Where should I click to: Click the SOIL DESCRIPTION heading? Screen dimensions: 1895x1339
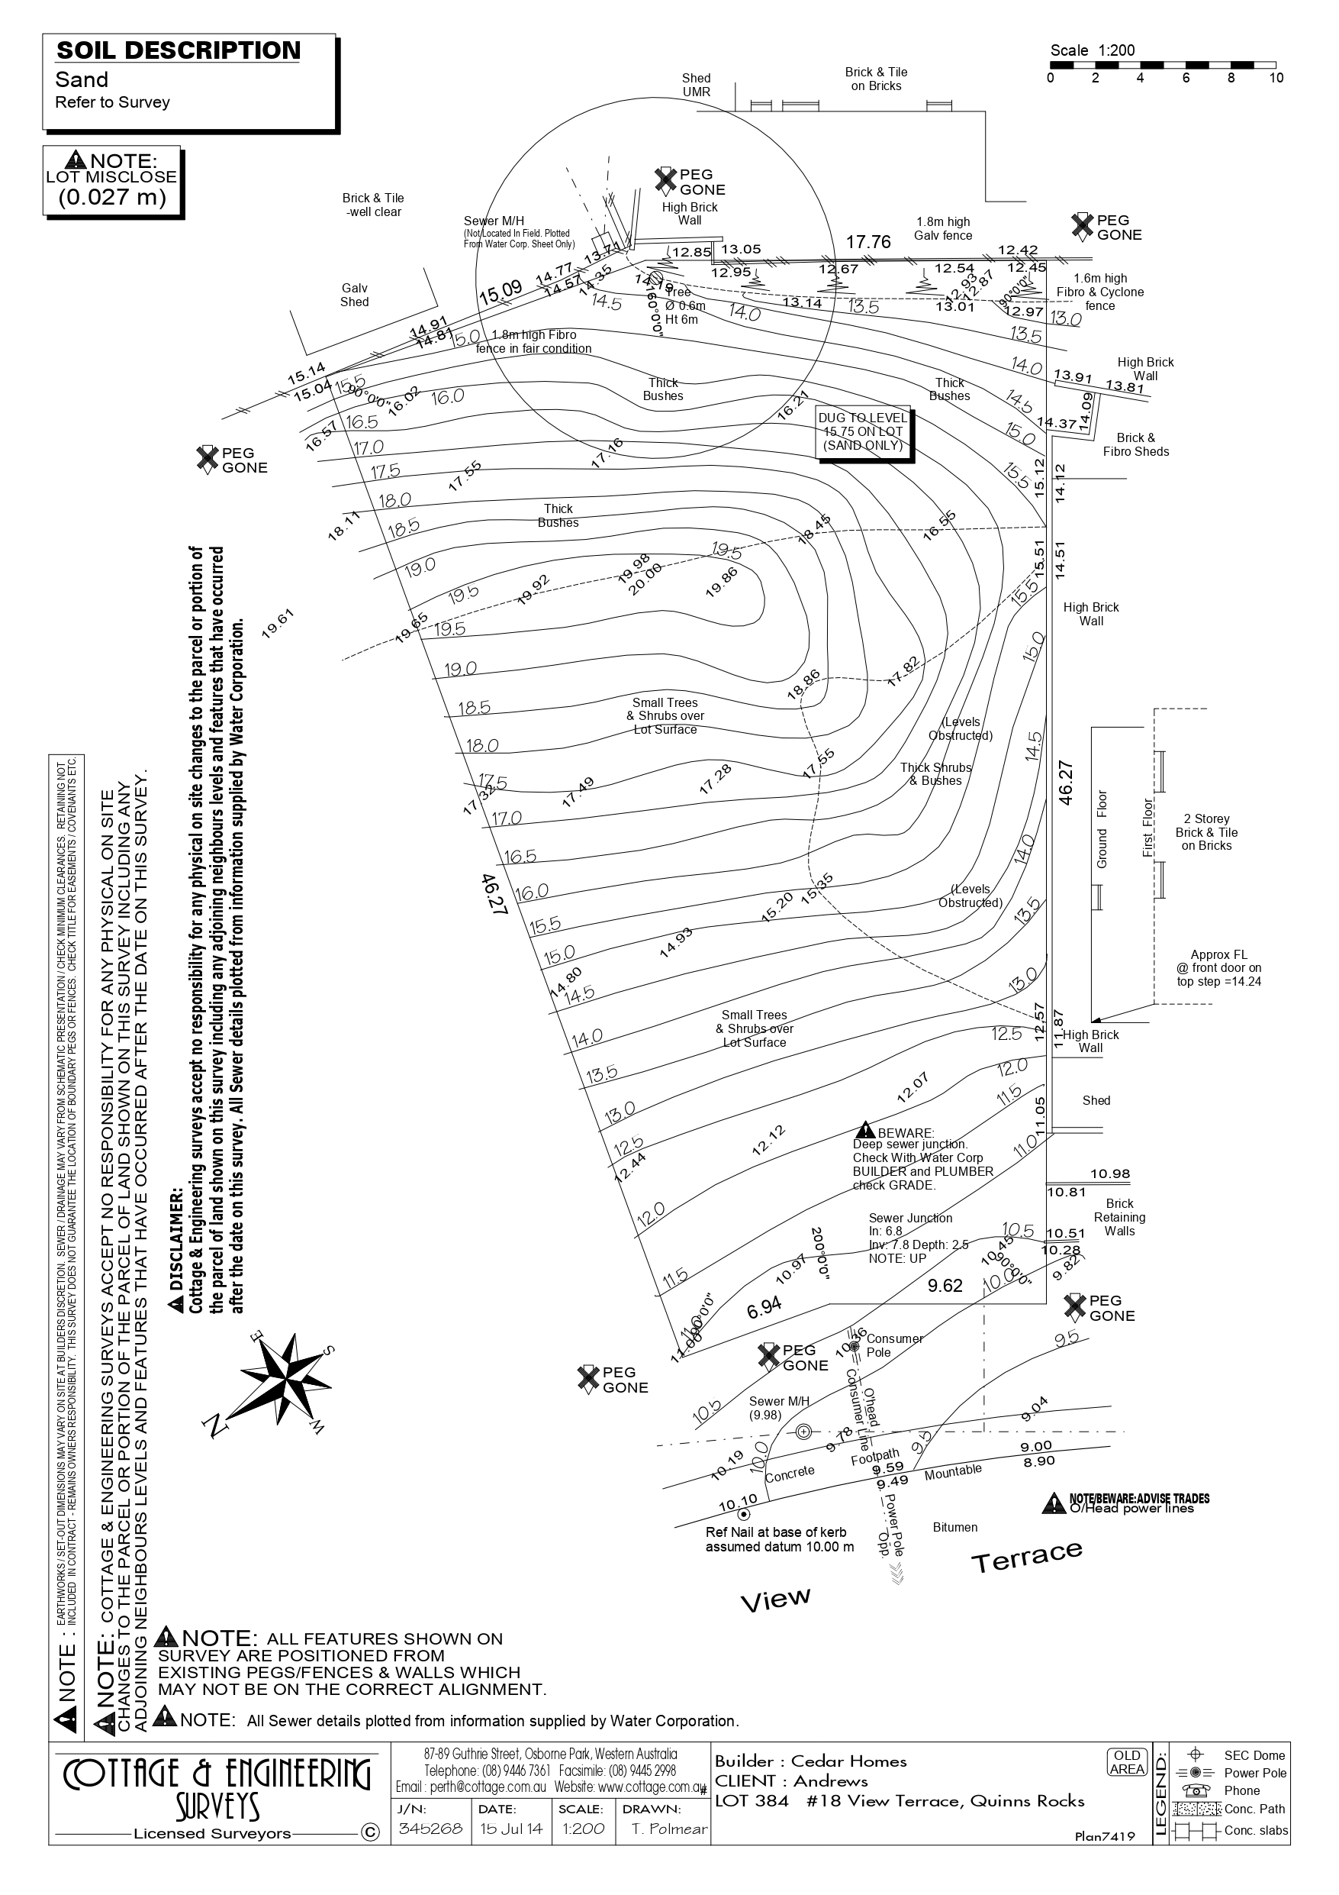(x=179, y=51)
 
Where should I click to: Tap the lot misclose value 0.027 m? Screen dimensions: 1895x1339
(x=112, y=196)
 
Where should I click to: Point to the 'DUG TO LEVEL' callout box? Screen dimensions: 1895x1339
(x=862, y=431)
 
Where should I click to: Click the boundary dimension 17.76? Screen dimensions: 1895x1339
(x=868, y=242)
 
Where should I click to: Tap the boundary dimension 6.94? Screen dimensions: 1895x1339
(x=764, y=1307)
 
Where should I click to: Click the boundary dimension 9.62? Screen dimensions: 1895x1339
(x=945, y=1286)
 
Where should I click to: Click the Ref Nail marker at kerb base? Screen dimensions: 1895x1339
(x=743, y=1515)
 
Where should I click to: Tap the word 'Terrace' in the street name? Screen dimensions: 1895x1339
(x=1026, y=1558)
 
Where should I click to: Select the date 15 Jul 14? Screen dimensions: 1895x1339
(x=511, y=1828)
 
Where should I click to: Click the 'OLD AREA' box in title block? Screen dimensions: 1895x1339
(x=1127, y=1762)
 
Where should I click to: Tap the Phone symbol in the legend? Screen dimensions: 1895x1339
(x=1195, y=1791)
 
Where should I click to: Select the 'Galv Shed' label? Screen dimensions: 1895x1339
(x=355, y=295)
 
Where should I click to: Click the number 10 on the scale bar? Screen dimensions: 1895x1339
(x=1276, y=79)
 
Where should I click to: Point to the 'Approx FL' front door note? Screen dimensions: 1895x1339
(x=1218, y=968)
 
